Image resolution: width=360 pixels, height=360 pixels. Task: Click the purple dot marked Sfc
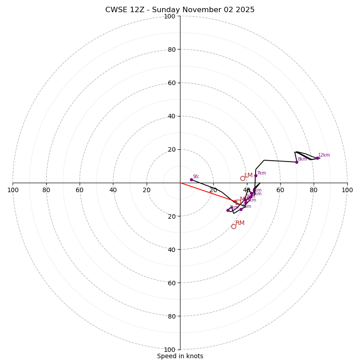[191, 180]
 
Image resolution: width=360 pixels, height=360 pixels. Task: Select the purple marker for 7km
[256, 175]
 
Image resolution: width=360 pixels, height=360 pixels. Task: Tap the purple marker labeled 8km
[297, 162]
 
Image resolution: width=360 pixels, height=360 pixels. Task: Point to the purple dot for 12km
[317, 158]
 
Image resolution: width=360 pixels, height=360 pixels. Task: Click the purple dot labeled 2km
[228, 210]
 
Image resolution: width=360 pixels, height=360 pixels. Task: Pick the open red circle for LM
[243, 178]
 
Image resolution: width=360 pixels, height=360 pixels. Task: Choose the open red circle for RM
[234, 226]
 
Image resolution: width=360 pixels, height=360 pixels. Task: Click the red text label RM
[240, 223]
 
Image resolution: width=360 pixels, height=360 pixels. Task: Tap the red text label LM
[248, 175]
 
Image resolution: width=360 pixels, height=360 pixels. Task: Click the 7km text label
[261, 173]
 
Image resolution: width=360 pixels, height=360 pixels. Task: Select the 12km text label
[324, 155]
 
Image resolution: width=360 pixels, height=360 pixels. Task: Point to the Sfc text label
[196, 176]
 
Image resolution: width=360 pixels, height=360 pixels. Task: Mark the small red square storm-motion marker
[237, 202]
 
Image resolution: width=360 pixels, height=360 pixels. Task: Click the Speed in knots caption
[180, 356]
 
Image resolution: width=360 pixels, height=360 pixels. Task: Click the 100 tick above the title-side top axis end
[170, 16]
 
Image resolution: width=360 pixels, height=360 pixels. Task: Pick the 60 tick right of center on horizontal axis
[280, 190]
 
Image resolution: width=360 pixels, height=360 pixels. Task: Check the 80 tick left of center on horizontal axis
[46, 190]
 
